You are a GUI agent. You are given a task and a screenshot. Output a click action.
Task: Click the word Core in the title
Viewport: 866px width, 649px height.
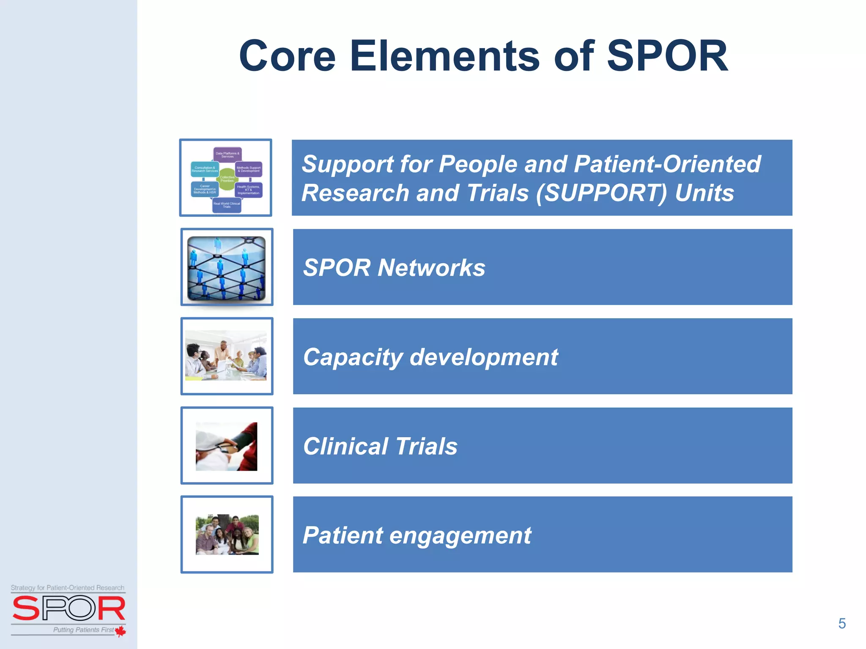(x=287, y=56)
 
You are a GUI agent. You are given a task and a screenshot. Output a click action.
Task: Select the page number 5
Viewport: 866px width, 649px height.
(x=842, y=624)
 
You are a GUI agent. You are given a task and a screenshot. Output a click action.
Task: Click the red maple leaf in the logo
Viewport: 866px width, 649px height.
(x=121, y=631)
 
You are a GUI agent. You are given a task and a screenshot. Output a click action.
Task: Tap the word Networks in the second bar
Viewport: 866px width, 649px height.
(x=431, y=268)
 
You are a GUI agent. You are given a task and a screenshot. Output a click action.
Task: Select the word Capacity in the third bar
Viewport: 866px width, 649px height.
(x=353, y=357)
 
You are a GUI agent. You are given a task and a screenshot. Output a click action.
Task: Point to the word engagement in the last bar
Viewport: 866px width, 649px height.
(x=460, y=536)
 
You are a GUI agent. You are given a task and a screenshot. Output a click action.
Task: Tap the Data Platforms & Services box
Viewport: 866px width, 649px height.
(x=227, y=155)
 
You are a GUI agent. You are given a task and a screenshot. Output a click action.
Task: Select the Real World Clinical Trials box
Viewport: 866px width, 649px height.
(x=227, y=205)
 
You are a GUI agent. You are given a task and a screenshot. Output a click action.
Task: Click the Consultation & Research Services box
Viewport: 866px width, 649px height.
(x=205, y=169)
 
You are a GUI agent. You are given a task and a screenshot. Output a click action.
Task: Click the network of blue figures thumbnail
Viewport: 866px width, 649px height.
(x=227, y=268)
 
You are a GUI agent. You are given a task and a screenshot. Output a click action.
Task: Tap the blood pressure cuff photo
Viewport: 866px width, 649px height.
(x=226, y=446)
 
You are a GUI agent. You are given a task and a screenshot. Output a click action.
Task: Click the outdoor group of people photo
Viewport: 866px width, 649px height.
(x=227, y=534)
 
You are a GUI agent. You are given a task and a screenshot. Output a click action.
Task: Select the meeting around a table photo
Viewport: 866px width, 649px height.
(x=226, y=356)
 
